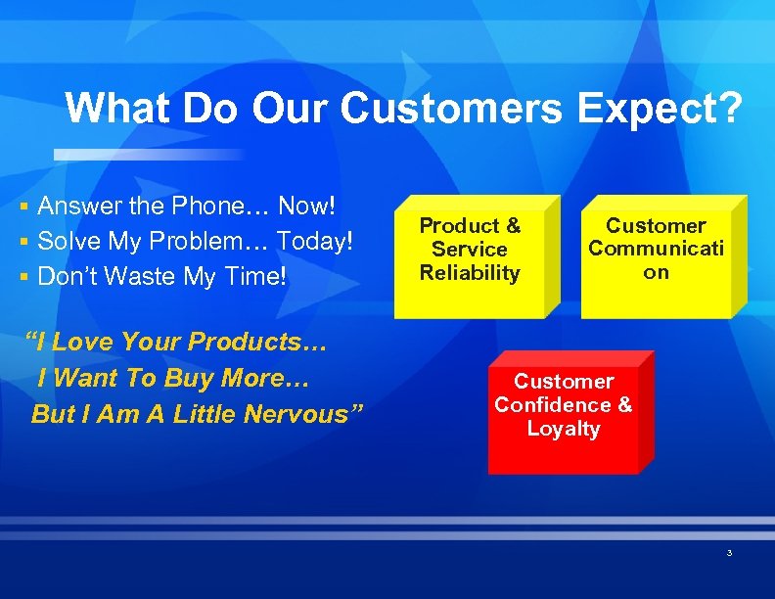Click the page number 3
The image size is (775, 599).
pyautogui.click(x=729, y=554)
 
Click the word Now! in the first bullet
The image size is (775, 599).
pyautogui.click(x=306, y=207)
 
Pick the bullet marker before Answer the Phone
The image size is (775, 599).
pyautogui.click(x=23, y=207)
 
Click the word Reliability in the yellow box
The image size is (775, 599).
pyautogui.click(x=470, y=273)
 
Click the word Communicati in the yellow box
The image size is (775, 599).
pyautogui.click(x=656, y=249)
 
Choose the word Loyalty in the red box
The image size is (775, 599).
pyautogui.click(x=563, y=429)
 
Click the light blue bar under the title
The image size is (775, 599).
pyautogui.click(x=147, y=155)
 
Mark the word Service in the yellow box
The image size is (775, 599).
pyautogui.click(x=470, y=250)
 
